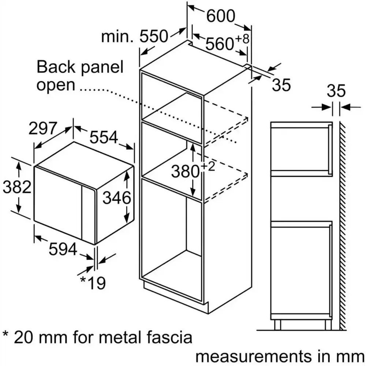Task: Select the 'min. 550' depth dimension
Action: click(135, 37)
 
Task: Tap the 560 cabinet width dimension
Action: click(219, 44)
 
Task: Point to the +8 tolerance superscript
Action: click(242, 38)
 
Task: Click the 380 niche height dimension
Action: click(185, 172)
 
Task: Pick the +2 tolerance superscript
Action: click(208, 167)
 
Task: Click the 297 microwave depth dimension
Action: click(43, 128)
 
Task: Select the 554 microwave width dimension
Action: click(104, 137)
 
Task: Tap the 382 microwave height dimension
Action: click(17, 187)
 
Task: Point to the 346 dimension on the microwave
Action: click(117, 198)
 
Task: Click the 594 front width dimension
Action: click(63, 249)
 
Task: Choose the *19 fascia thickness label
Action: click(93, 283)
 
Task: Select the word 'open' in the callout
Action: click(56, 86)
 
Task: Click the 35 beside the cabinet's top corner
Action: click(281, 85)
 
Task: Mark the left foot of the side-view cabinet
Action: click(277, 325)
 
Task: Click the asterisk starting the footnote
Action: click(5, 334)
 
